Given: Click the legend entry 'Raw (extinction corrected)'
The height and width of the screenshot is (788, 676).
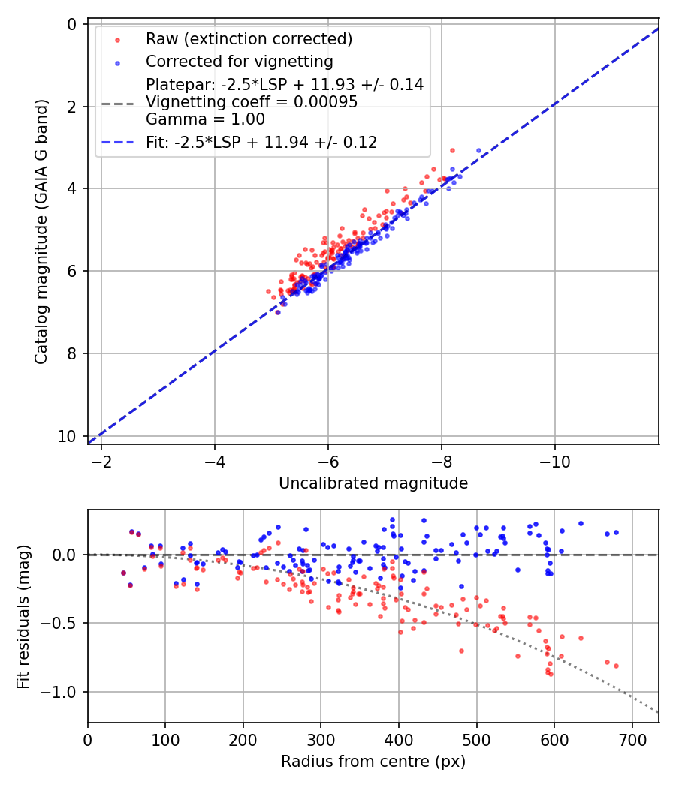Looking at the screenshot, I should point(249,38).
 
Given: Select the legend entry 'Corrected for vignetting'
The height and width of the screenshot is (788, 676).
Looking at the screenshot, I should point(240,61).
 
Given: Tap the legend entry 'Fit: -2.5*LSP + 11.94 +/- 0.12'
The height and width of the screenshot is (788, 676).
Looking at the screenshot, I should point(261,142).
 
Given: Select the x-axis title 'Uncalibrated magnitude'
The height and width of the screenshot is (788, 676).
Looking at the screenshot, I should point(373,483).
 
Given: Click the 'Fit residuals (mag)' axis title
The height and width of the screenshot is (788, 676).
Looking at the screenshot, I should point(23,616).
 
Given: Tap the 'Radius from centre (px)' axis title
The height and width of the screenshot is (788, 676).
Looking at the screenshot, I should point(373,762).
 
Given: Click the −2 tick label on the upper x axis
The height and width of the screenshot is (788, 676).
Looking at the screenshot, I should point(101,459).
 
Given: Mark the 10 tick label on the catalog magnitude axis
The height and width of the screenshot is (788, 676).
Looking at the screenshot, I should point(68,436).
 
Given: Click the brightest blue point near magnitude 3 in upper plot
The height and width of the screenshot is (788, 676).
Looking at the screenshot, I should point(478,151).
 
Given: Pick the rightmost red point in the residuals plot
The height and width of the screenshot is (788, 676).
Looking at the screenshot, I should point(616,666).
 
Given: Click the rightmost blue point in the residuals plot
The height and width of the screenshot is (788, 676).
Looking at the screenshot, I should point(616,532).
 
